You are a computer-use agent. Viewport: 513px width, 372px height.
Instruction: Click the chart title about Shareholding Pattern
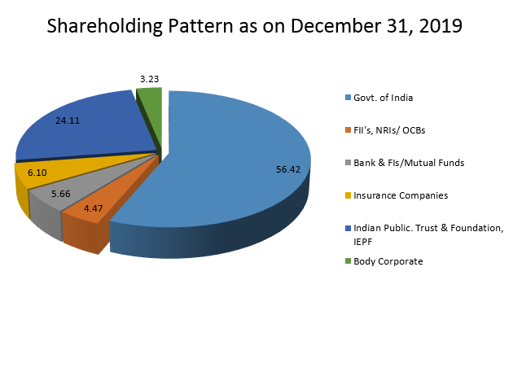coord(255,27)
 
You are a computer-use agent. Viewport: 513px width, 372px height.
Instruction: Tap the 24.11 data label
coord(68,120)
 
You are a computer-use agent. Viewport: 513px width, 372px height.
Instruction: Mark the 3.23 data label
coord(149,79)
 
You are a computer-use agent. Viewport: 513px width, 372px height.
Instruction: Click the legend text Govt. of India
coord(383,98)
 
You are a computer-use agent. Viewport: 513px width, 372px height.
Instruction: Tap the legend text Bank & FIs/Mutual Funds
coord(408,163)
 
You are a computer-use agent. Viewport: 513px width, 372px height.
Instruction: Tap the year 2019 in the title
coord(436,27)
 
